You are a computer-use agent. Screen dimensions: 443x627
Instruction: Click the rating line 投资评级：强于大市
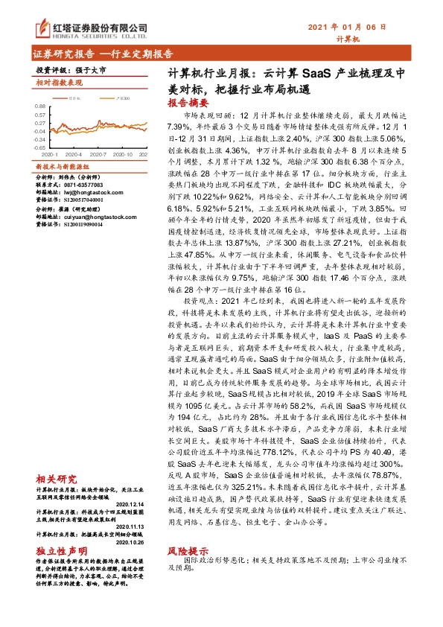(x=71, y=69)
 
